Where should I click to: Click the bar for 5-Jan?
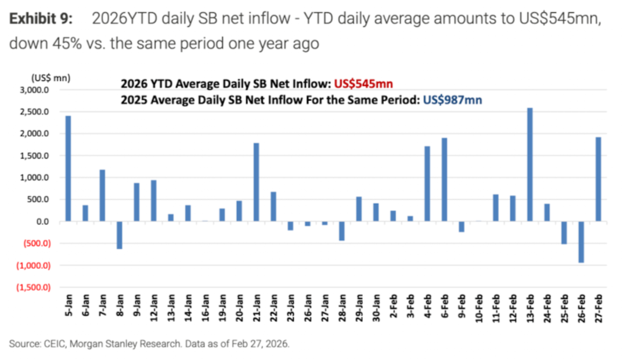68,168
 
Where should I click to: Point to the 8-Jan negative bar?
120,235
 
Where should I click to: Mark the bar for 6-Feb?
444,179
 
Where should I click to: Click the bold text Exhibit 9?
41,19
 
